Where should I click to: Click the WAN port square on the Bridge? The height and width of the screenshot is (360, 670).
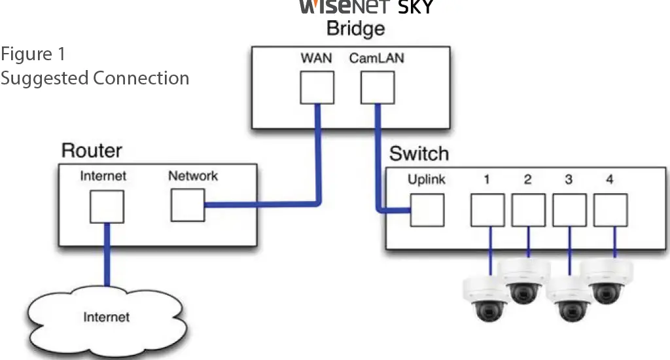[317, 87]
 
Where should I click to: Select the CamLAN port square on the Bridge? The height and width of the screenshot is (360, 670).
[377, 87]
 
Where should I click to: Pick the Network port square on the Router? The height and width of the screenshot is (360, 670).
[188, 205]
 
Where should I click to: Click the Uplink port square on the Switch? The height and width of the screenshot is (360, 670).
[427, 210]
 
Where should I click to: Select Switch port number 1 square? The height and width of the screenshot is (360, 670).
[487, 210]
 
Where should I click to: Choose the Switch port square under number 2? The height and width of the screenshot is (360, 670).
[528, 210]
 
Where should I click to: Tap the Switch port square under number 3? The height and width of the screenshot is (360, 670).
[569, 210]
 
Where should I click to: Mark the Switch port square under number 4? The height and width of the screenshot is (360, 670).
[610, 210]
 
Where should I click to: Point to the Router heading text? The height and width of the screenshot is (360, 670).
[92, 151]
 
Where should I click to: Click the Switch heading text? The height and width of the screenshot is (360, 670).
[419, 154]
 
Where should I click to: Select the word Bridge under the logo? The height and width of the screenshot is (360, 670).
[355, 29]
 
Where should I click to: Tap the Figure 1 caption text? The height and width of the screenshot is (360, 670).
[33, 53]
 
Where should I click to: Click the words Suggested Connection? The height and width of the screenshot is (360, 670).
[95, 78]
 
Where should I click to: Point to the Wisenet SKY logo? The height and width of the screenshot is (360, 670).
[366, 7]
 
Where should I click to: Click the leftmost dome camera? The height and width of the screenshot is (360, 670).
[486, 298]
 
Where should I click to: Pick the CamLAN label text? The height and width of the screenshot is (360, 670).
[376, 58]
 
